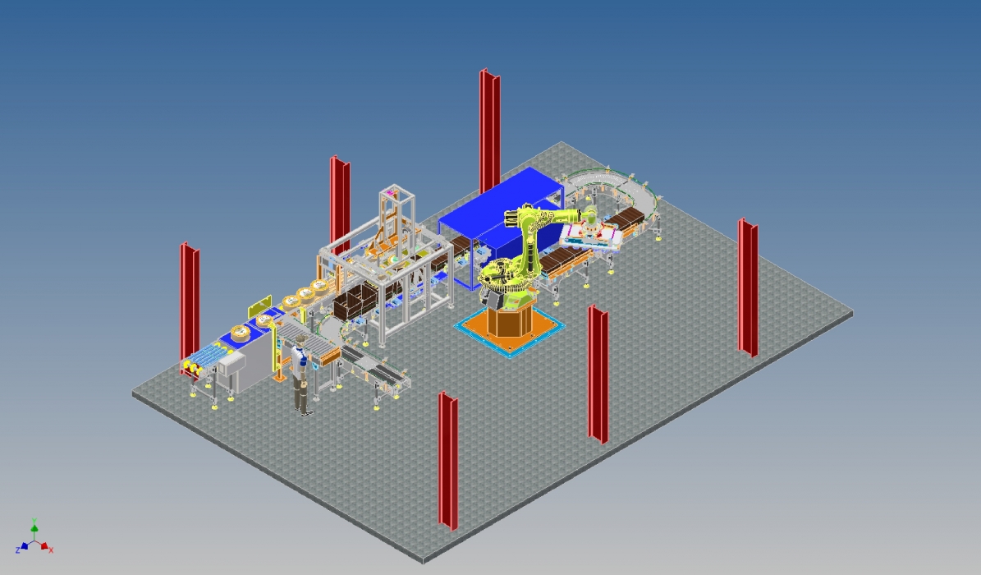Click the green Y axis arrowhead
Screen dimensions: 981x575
point(34,528)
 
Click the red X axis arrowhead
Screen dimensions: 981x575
point(44,546)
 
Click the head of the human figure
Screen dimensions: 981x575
point(300,340)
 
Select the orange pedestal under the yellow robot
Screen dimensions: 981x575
point(510,318)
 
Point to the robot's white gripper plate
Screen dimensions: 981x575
point(591,237)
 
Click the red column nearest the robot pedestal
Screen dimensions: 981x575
point(598,375)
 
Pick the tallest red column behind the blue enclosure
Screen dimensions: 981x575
point(490,131)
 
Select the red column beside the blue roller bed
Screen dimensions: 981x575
point(190,308)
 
